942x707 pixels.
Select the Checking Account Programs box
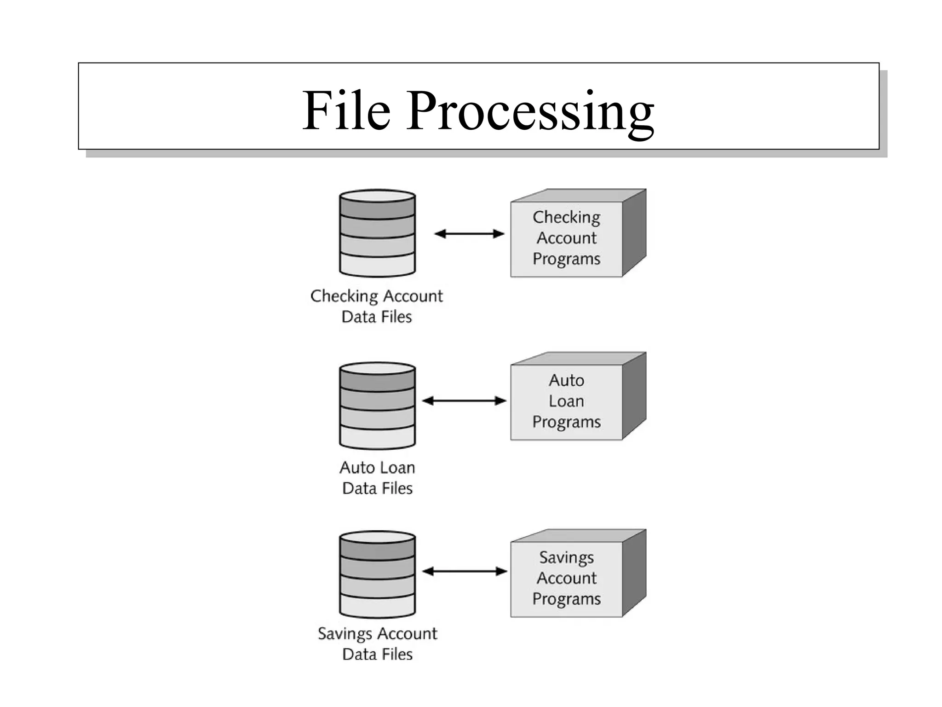click(566, 239)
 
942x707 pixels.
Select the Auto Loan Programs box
click(566, 402)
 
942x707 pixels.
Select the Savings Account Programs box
click(566, 579)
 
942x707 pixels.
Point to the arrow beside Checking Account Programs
click(469, 234)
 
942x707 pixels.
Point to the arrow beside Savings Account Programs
click(464, 572)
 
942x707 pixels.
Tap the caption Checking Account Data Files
click(376, 306)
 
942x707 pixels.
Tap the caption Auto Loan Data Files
click(377, 478)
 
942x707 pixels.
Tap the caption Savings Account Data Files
click(377, 643)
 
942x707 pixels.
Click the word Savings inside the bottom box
click(566, 558)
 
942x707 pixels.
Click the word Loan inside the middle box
click(566, 401)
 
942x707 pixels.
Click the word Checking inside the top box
click(566, 217)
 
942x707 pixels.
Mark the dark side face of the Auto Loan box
click(634, 396)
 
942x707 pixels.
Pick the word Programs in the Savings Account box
click(566, 599)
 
